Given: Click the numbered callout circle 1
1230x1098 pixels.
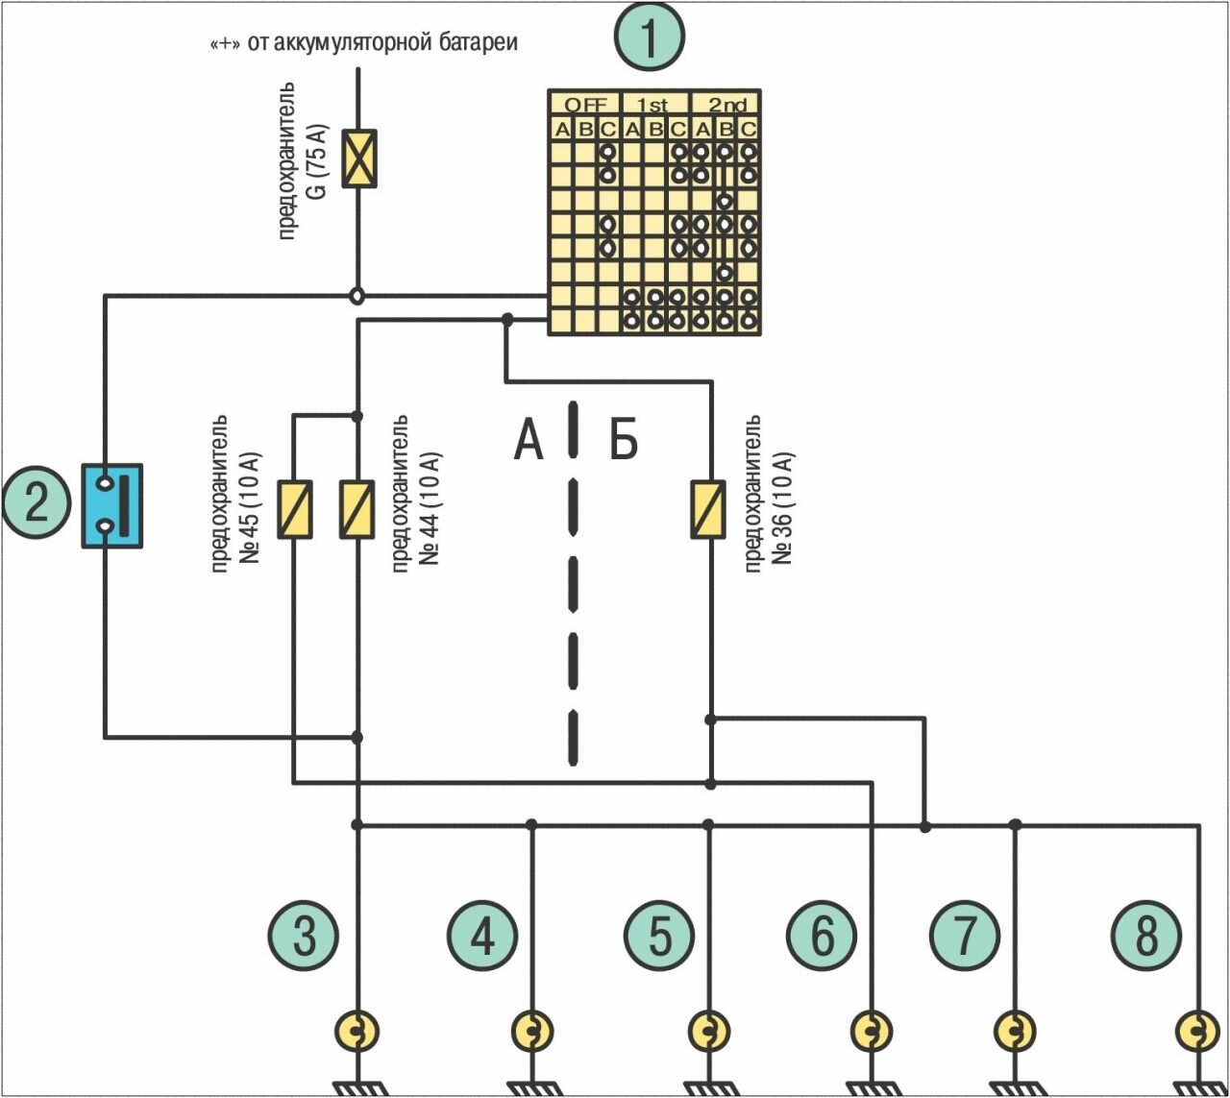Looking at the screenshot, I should (650, 37).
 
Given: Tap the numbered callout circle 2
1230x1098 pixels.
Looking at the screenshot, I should (37, 503).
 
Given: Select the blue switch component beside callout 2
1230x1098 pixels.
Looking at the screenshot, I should (112, 505).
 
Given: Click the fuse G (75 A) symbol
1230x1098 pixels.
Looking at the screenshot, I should (360, 159).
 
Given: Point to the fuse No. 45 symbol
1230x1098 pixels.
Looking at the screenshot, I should (295, 509).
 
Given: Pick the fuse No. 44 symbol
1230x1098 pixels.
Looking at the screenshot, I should (357, 509).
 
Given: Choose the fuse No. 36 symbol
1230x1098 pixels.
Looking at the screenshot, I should (709, 509).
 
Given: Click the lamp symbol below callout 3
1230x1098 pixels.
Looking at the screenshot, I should (357, 1032).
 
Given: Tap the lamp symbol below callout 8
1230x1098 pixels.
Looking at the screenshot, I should (1198, 1032).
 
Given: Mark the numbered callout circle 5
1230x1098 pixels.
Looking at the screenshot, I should (659, 935).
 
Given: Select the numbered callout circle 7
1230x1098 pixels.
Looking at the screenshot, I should (965, 935).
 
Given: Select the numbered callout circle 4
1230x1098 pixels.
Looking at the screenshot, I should (482, 935).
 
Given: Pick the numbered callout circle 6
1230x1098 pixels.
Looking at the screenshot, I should (822, 935).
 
